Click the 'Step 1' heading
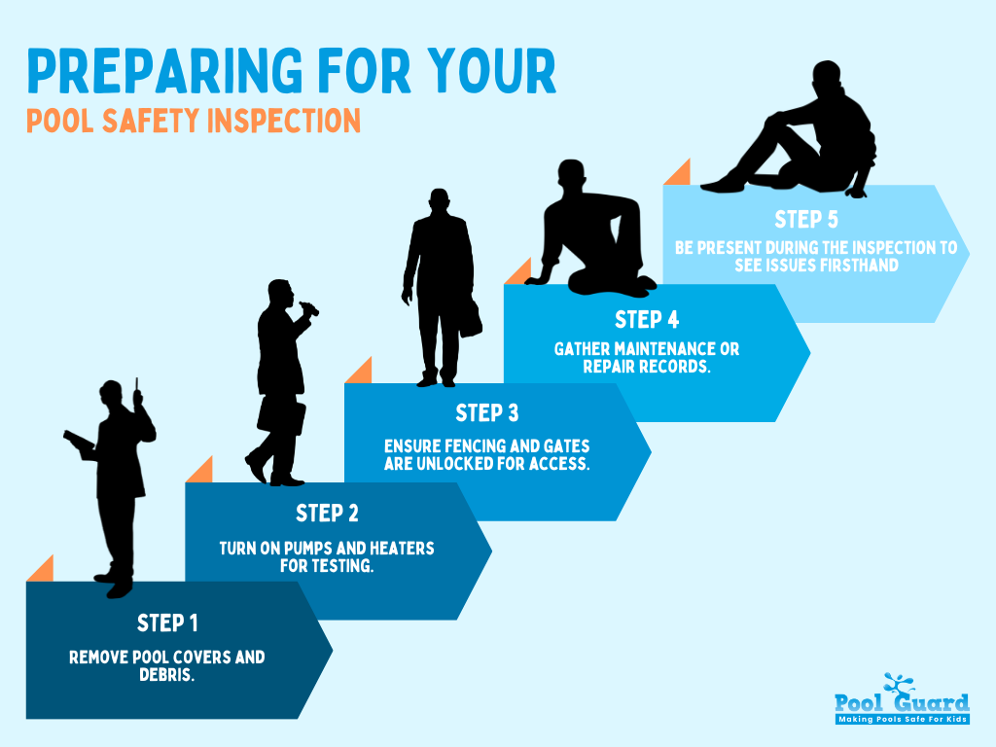(x=167, y=622)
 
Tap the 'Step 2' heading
(x=327, y=513)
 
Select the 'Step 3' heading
(x=486, y=413)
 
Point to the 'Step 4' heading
(x=646, y=319)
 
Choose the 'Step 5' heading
(x=806, y=219)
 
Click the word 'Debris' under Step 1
(x=166, y=675)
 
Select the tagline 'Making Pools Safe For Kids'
(x=903, y=719)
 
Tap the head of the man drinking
(x=279, y=293)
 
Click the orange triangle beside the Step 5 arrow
(x=678, y=172)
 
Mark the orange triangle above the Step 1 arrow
(x=40, y=568)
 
